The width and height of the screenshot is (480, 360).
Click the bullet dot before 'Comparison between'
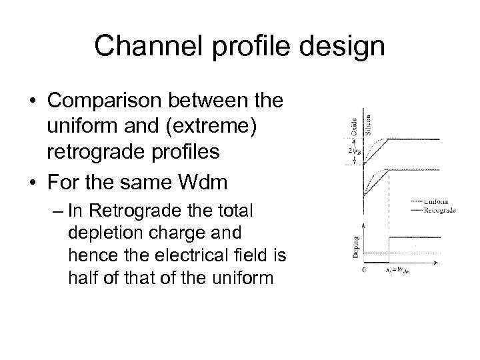(33, 102)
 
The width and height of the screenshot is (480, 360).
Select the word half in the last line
(85, 277)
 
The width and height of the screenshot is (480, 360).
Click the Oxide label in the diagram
(355, 125)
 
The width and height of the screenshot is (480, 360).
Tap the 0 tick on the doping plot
(362, 271)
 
